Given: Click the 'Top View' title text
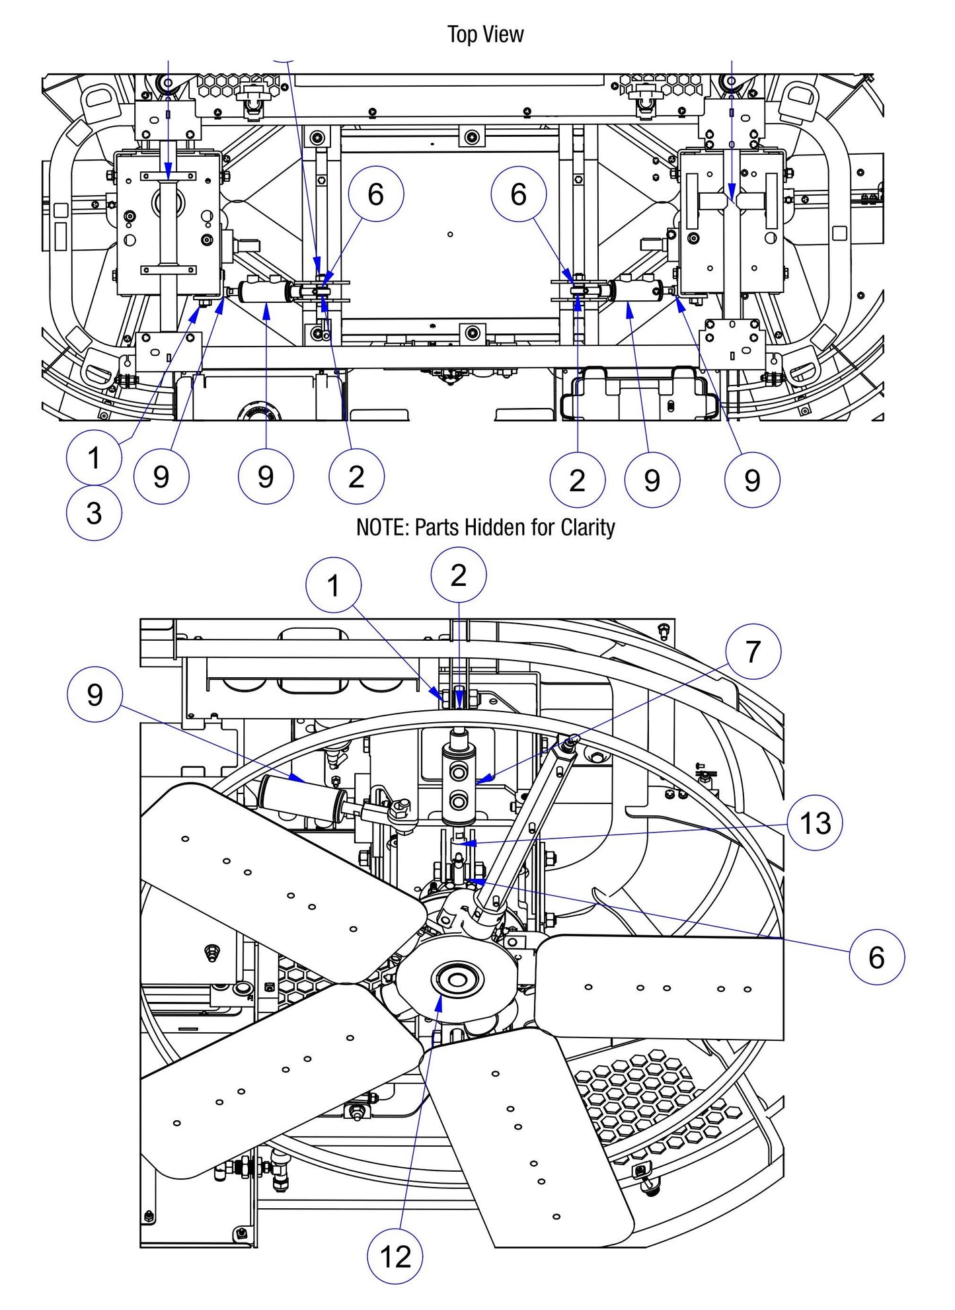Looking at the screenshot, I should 485,34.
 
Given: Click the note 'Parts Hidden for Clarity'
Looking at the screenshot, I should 485,527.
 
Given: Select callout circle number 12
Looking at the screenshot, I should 395,1256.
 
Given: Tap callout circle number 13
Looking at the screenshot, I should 815,823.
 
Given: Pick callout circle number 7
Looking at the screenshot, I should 753,652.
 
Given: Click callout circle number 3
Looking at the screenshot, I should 94,513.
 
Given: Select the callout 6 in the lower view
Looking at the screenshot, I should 876,956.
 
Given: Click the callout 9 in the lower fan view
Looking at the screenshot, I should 95,694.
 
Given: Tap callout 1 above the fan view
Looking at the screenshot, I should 334,585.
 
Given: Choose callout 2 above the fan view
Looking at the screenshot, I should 458,575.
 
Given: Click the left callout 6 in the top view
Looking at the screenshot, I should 375,194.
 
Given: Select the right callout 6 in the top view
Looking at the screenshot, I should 519,194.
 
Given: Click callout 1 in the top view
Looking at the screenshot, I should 94,458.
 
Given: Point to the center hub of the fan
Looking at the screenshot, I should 456,979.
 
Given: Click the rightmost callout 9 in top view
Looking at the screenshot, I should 752,480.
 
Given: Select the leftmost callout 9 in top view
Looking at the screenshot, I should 161,477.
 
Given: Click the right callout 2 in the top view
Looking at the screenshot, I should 577,481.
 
